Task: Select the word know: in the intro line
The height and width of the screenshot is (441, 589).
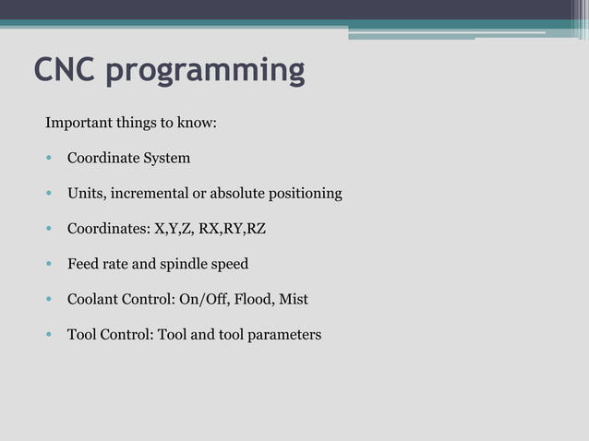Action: pos(196,122)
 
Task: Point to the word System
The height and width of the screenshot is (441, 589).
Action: pos(166,158)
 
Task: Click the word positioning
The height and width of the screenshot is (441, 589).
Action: pos(306,194)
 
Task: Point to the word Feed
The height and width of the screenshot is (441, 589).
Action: pos(83,264)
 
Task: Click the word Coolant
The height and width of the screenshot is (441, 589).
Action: pos(93,299)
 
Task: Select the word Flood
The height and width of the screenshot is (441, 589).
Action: pos(255,299)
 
